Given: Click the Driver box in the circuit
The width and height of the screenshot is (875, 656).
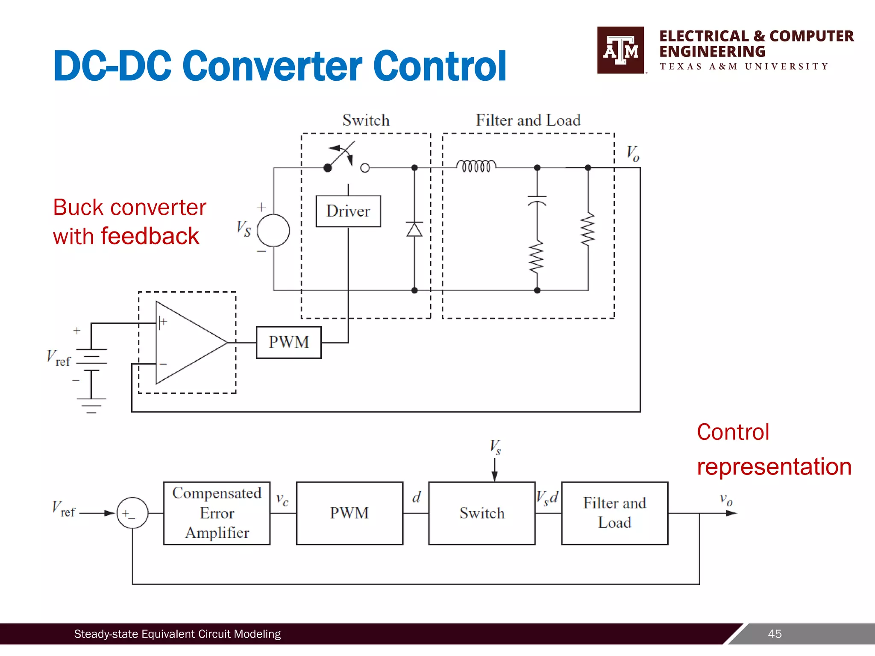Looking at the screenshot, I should point(348,211).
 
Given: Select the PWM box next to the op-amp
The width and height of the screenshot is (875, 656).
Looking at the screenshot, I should point(289,342).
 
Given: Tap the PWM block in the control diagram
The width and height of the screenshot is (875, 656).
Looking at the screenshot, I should point(349,513).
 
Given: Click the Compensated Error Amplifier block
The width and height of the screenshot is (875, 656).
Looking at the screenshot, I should point(217,513).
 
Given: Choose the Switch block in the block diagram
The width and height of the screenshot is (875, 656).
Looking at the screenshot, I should point(482,513).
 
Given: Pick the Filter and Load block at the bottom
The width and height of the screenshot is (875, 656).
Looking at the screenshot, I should point(614,513).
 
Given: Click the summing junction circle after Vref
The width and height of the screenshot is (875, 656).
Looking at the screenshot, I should point(132,513).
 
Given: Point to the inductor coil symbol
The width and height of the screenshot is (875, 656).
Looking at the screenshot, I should point(476,166).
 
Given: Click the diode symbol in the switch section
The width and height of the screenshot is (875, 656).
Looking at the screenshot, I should point(414,230).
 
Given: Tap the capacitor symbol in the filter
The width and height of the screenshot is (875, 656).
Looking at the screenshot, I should point(537,200).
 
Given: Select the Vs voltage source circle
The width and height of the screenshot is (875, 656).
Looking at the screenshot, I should point(273,230).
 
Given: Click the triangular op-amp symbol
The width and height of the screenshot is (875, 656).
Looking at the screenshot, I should point(188,343).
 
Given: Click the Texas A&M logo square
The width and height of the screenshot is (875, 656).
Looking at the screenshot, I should point(621,50).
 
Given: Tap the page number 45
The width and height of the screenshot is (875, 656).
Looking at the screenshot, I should point(775,634).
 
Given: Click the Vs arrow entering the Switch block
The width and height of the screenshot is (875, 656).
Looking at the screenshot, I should point(495,470).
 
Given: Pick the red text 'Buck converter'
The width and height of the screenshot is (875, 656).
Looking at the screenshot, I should point(129,208).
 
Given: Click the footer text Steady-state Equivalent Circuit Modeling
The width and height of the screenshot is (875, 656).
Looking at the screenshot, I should point(177,634).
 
